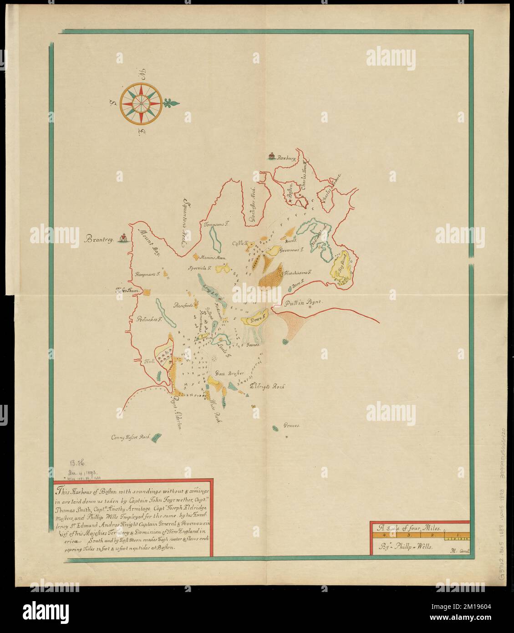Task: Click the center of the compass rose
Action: (x=141, y=102)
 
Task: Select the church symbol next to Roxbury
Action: (x=272, y=157)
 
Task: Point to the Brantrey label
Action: (x=100, y=238)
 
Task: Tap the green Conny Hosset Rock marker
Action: (x=156, y=438)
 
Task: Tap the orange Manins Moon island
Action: (x=197, y=257)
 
